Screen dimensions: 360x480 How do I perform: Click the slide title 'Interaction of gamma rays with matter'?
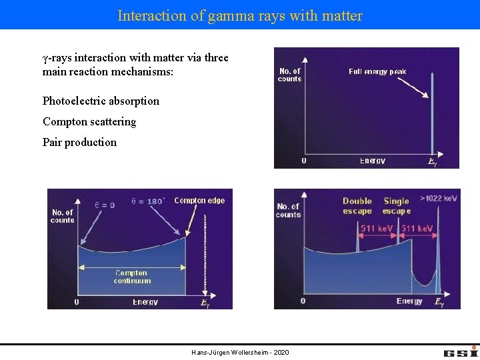click(240, 15)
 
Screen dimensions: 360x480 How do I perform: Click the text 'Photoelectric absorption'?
click(101, 101)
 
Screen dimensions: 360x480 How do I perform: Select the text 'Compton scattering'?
click(89, 121)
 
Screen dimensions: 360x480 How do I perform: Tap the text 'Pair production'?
click(79, 142)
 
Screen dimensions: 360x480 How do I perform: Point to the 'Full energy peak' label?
click(377, 72)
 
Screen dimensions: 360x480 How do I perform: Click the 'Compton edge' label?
click(199, 200)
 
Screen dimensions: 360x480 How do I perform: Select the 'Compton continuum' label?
click(132, 277)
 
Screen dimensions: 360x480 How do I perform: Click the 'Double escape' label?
click(357, 206)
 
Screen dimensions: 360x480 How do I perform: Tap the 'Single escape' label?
click(397, 206)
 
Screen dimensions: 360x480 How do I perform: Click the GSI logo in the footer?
click(461, 351)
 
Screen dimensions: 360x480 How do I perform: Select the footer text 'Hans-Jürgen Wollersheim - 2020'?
click(240, 352)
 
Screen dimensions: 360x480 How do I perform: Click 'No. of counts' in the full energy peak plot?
click(290, 75)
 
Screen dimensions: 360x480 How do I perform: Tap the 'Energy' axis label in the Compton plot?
click(145, 302)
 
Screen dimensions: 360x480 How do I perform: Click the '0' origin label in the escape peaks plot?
click(303, 301)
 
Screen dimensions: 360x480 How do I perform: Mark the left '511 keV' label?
click(377, 229)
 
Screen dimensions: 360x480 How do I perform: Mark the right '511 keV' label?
click(417, 229)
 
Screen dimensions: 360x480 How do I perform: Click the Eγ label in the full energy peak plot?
click(432, 162)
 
